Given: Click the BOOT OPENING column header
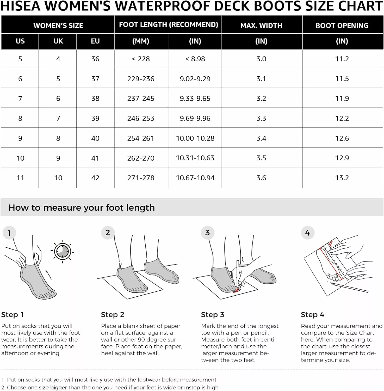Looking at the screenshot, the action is tap(342, 26).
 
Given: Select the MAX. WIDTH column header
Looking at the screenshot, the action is tap(261, 26).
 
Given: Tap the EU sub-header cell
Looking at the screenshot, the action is tap(95, 41).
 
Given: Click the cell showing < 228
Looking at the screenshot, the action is tap(141, 59).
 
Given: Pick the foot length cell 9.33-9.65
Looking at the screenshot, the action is tap(195, 99).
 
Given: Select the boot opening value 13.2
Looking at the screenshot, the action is tap(342, 178).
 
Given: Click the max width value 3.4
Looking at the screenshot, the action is tap(261, 138).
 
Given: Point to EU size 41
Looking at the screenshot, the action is tap(95, 158).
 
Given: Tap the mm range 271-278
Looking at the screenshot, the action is tap(141, 178).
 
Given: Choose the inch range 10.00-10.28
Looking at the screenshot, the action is tap(195, 138).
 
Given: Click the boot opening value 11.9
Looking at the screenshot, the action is tap(342, 99).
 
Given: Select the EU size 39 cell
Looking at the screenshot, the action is tap(95, 118).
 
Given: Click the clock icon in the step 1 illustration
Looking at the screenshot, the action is tap(63, 252).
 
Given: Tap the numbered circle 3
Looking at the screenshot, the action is tap(207, 233).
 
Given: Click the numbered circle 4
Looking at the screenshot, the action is tap(307, 233).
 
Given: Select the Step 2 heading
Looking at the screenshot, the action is tap(113, 315).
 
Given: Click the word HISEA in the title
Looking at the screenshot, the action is tap(21, 6).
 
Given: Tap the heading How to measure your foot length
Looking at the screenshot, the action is tap(82, 207).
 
